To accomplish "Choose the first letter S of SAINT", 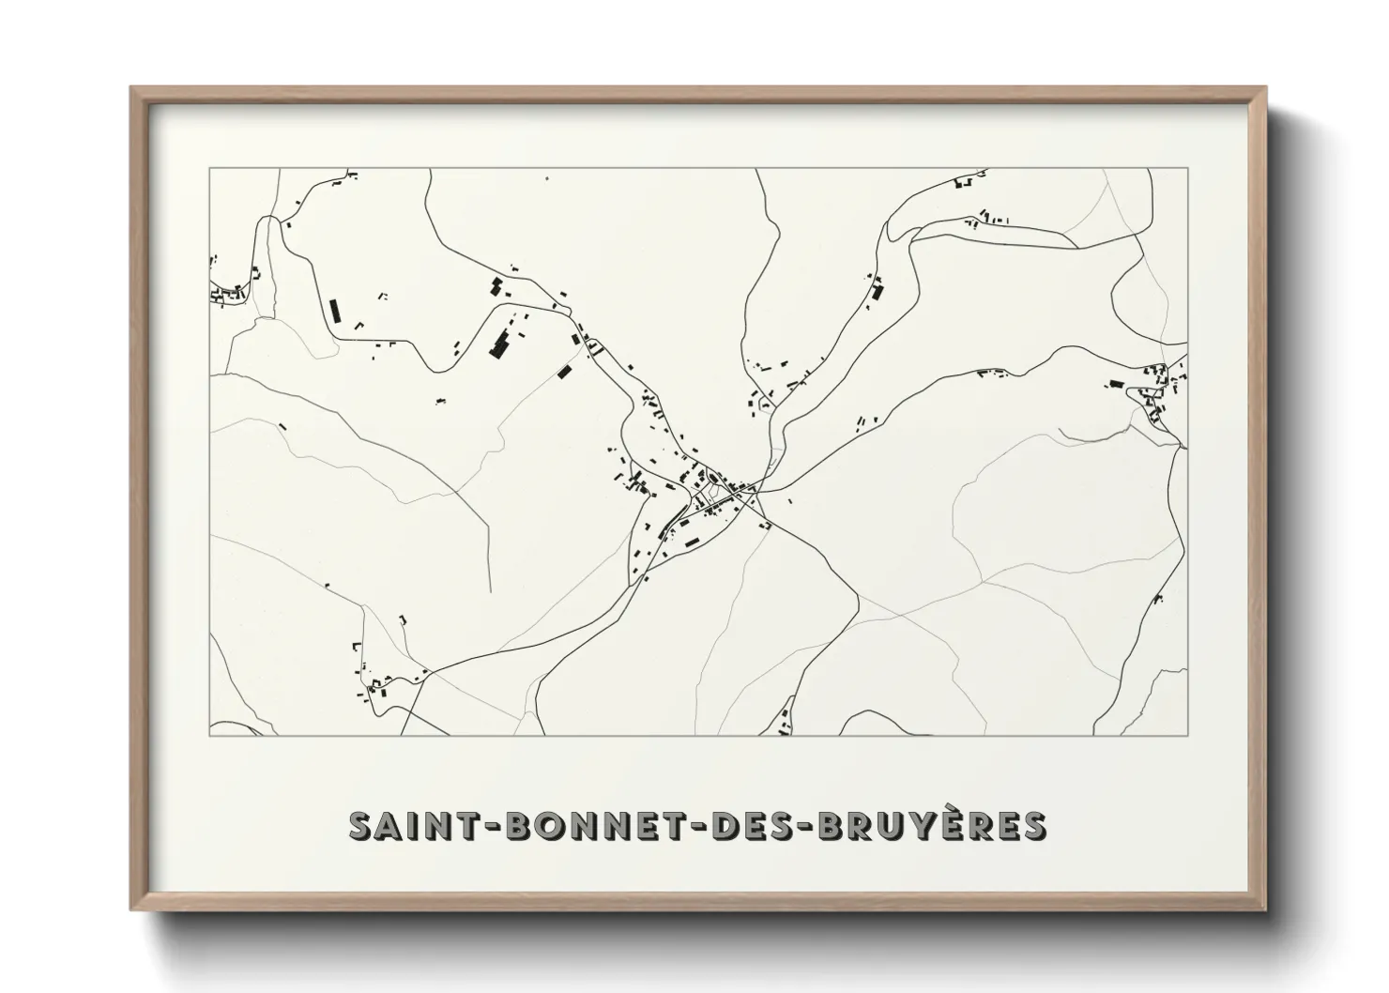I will pyautogui.click(x=361, y=825).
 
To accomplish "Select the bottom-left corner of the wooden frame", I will pyautogui.click(x=131, y=909).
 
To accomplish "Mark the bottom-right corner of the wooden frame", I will pyautogui.click(x=1267, y=909).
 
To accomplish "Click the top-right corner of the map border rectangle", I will pyautogui.click(x=1187, y=169).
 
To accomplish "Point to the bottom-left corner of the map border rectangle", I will pyautogui.click(x=209, y=736).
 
